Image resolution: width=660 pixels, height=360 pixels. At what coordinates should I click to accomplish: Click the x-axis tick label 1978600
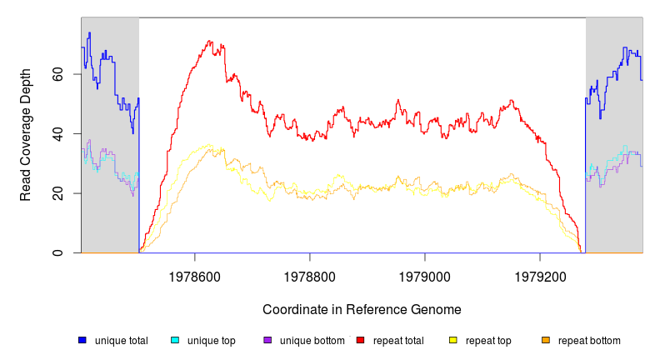pyautogui.click(x=195, y=274)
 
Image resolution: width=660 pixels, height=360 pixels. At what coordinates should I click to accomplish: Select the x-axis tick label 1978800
pyautogui.click(x=310, y=274)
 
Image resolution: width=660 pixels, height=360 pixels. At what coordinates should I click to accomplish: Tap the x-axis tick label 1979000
pyautogui.click(x=425, y=274)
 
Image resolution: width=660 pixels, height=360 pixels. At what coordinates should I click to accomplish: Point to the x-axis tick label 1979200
pyautogui.click(x=540, y=274)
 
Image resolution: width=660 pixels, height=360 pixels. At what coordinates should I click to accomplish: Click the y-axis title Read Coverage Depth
pyautogui.click(x=26, y=135)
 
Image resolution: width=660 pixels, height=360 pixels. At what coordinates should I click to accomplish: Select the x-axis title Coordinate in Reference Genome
pyautogui.click(x=362, y=309)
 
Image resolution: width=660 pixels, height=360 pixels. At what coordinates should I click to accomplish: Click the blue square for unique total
pyautogui.click(x=82, y=340)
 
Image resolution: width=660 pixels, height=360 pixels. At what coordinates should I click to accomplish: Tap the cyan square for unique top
pyautogui.click(x=175, y=340)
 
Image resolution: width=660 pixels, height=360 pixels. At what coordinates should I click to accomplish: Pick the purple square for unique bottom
pyautogui.click(x=267, y=340)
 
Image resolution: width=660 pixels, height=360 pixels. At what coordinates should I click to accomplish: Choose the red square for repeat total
pyautogui.click(x=360, y=340)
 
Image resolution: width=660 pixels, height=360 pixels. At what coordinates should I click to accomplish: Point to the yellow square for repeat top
pyautogui.click(x=453, y=340)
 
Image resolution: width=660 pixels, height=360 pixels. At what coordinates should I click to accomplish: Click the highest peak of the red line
pyautogui.click(x=208, y=40)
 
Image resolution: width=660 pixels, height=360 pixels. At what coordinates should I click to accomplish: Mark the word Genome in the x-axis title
pyautogui.click(x=436, y=309)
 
